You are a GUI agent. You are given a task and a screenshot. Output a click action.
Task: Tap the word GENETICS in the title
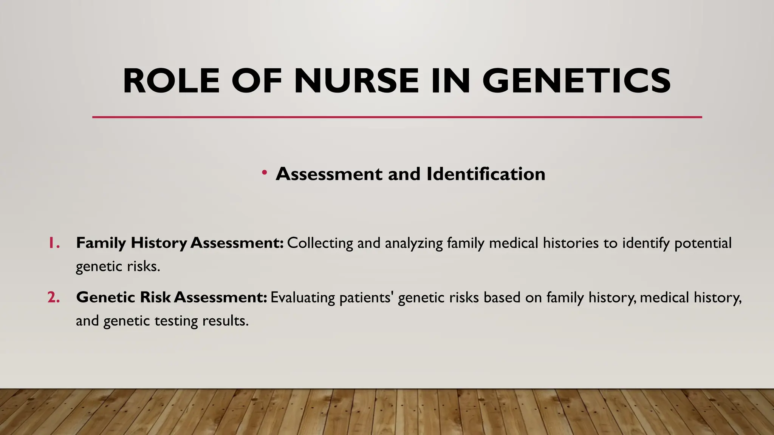(x=576, y=81)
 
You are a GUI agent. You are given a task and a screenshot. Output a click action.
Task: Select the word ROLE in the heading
(x=171, y=81)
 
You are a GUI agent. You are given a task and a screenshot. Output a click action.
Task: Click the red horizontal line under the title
(x=397, y=117)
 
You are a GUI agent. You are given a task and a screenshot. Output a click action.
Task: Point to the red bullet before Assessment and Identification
(x=265, y=173)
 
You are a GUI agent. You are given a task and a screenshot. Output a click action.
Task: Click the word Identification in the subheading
(x=486, y=174)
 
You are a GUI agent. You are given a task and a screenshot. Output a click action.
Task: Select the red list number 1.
(x=54, y=243)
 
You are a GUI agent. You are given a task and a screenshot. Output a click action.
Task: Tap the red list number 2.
(x=54, y=297)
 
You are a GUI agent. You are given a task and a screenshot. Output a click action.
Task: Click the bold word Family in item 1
(x=101, y=243)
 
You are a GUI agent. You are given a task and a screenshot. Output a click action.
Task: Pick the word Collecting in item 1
(x=320, y=243)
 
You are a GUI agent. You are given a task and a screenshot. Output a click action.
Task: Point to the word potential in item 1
(x=703, y=243)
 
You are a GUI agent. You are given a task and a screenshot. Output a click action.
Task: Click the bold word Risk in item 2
(x=155, y=297)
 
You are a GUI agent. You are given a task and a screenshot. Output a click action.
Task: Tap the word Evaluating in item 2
(x=303, y=298)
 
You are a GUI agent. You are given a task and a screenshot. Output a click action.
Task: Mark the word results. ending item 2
(x=226, y=321)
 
